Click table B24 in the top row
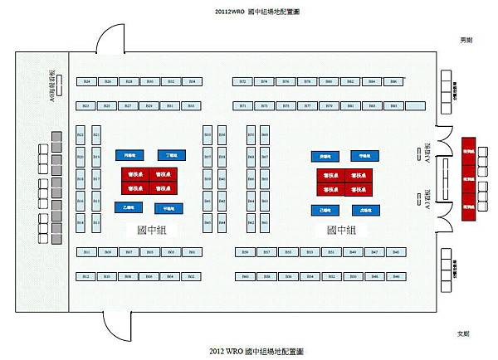tap(85, 81)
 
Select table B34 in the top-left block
tap(192, 81)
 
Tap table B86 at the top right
tap(393, 81)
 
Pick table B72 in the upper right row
tap(242, 81)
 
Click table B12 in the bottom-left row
tap(85, 276)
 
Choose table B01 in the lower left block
tap(192, 251)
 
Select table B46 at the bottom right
tap(395, 251)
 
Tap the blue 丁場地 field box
tap(172, 154)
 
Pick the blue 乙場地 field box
tap(128, 207)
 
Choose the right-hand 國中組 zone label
tap(341, 229)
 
